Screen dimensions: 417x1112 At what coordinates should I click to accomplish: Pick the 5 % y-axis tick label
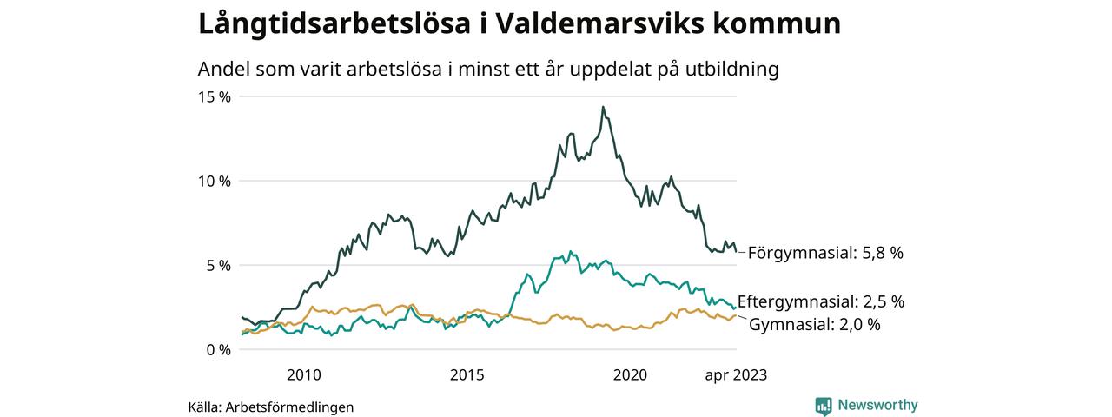tap(217, 265)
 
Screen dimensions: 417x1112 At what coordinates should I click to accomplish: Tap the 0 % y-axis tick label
tap(217, 349)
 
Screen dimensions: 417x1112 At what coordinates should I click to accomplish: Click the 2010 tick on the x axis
tap(303, 375)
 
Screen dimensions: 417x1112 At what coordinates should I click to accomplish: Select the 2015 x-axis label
tap(467, 375)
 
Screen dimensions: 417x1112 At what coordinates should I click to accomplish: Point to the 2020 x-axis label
tap(631, 375)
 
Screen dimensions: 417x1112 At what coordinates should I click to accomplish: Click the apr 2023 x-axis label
tap(736, 375)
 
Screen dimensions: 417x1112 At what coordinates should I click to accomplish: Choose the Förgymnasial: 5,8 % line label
tap(825, 253)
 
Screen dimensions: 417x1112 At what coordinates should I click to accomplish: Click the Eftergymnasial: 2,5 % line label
tap(821, 302)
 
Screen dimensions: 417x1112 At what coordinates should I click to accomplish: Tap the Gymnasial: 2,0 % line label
tap(815, 325)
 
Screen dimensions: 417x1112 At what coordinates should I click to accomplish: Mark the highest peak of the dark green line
tap(603, 108)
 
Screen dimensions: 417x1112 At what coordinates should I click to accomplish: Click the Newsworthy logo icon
tap(824, 406)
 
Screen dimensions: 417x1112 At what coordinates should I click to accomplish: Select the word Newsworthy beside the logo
tap(877, 405)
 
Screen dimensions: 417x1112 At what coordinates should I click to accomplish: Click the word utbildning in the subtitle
tap(726, 69)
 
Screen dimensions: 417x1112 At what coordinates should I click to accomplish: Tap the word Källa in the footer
tap(203, 407)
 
